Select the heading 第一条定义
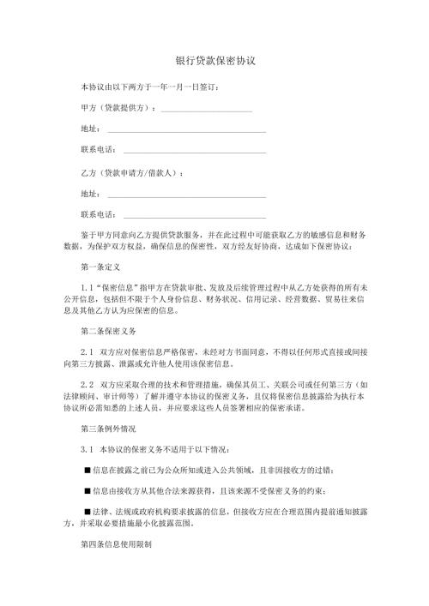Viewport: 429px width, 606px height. (x=100, y=267)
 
